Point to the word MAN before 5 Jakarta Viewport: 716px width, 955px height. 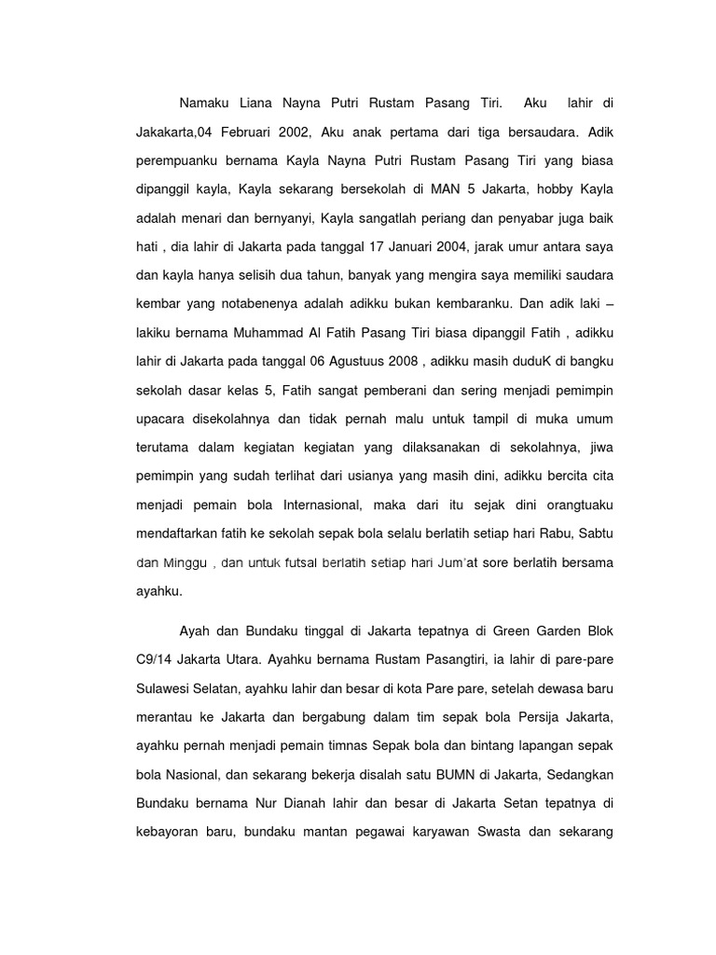pyautogui.click(x=447, y=190)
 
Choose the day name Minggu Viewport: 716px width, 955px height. pyautogui.click(x=187, y=563)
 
